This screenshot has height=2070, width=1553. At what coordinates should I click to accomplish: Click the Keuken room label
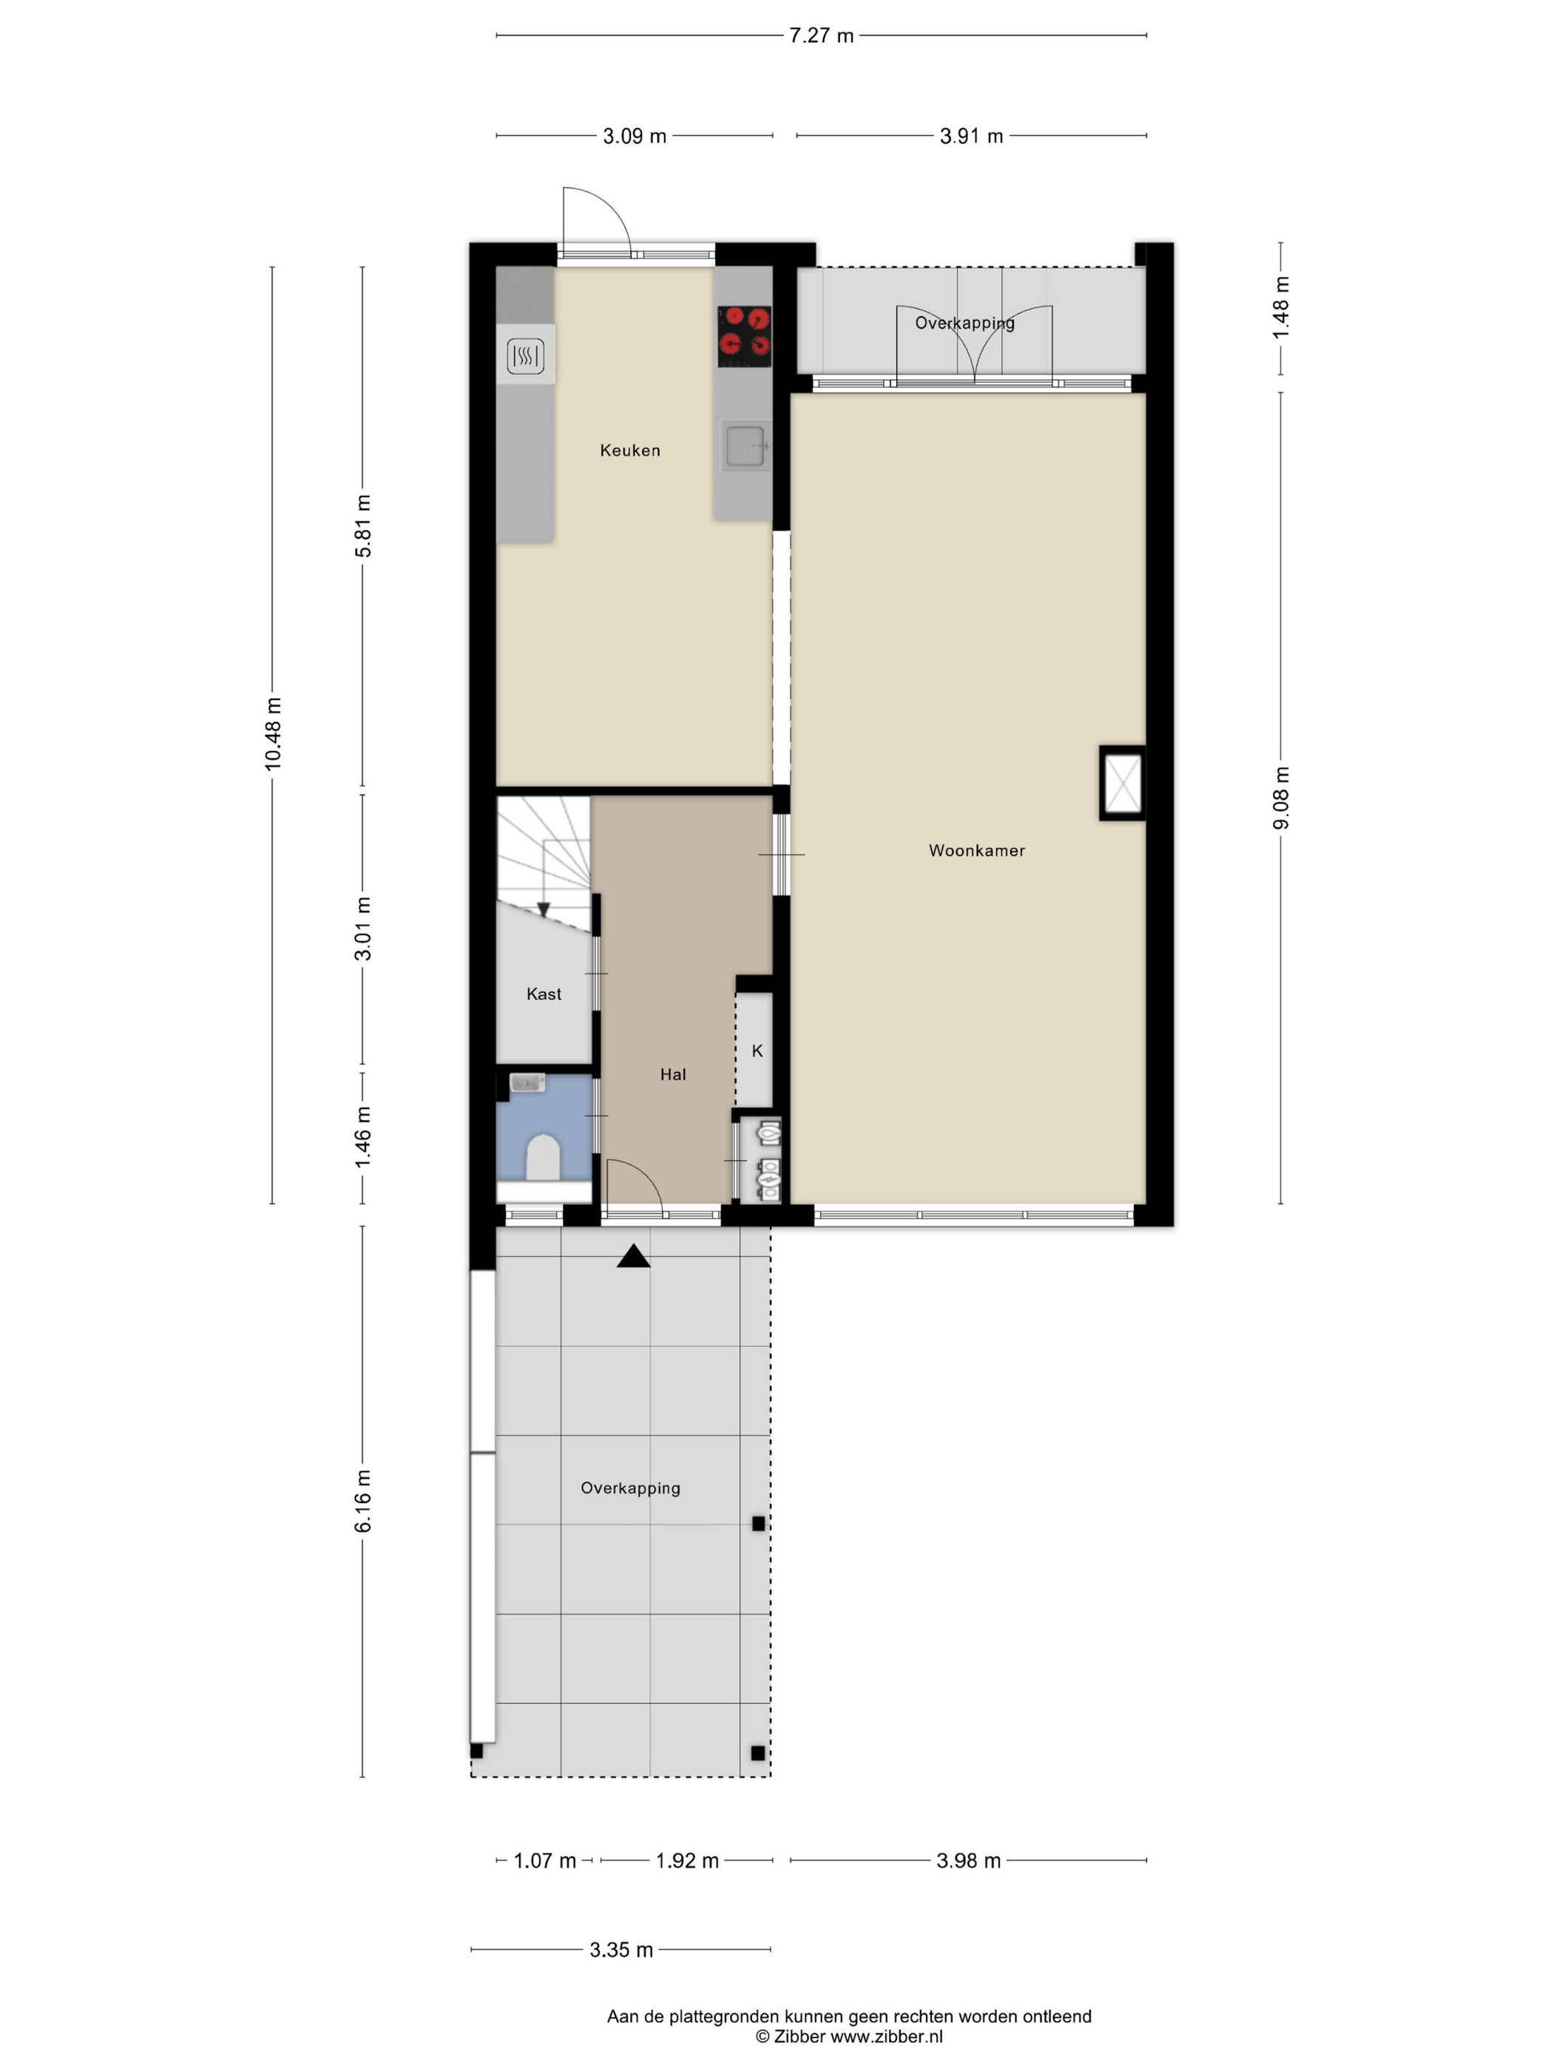(x=629, y=450)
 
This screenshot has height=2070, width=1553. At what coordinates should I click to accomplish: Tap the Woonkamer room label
(x=975, y=849)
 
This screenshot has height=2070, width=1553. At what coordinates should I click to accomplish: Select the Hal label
(x=672, y=1074)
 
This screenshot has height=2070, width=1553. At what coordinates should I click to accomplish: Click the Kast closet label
(x=543, y=994)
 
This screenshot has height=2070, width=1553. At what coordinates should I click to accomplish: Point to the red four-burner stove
(x=743, y=336)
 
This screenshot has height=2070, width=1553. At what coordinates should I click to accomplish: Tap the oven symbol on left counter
(x=525, y=355)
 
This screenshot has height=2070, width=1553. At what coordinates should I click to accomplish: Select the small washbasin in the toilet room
(x=527, y=1083)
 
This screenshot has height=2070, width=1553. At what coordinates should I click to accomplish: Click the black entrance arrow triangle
(x=633, y=1257)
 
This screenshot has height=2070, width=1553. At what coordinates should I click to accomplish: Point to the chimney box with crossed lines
(x=1121, y=783)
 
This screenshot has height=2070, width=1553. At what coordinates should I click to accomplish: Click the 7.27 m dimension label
(x=820, y=35)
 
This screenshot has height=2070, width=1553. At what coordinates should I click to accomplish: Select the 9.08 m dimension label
(x=1281, y=797)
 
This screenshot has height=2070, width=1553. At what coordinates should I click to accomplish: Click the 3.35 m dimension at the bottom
(x=620, y=1949)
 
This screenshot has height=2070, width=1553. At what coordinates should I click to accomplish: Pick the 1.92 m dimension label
(x=686, y=1860)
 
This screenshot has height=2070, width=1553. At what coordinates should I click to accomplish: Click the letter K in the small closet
(x=757, y=1051)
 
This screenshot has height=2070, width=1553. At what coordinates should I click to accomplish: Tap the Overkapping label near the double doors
(x=964, y=323)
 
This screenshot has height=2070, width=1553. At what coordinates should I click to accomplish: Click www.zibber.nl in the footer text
(x=885, y=2036)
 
